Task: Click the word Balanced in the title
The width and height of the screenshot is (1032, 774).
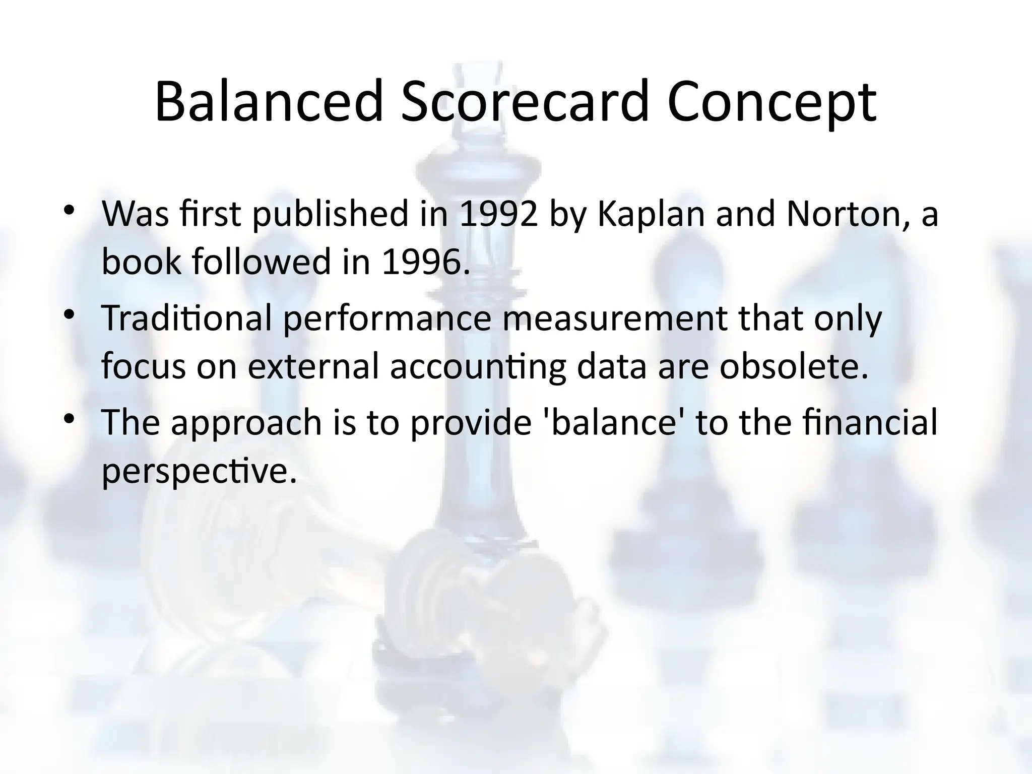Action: click(x=269, y=102)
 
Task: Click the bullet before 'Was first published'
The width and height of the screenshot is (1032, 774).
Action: click(x=69, y=211)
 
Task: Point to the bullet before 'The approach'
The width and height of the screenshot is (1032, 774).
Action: click(x=69, y=419)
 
